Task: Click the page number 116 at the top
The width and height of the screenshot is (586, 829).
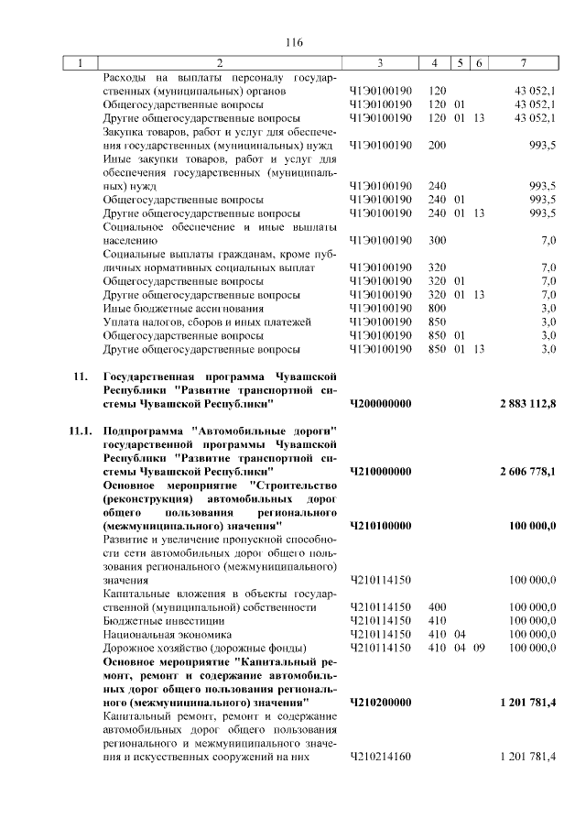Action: [x=293, y=42]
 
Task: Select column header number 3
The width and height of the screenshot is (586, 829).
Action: [x=380, y=63]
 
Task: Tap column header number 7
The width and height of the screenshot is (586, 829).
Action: [x=523, y=63]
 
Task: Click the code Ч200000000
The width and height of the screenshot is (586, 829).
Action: [x=381, y=403]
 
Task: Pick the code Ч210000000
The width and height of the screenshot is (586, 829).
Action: [x=381, y=471]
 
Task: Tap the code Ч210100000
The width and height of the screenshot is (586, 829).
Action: [x=381, y=526]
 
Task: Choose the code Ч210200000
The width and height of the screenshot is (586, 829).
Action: [x=381, y=702]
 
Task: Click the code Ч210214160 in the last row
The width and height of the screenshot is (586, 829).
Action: [x=381, y=757]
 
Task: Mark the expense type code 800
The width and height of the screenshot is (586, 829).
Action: [x=437, y=309]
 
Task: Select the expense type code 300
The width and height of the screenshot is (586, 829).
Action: [x=437, y=240]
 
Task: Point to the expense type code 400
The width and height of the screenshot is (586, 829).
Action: [x=437, y=606]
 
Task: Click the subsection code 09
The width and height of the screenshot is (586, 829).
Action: [x=478, y=648]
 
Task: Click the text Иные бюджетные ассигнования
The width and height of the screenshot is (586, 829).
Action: [x=173, y=309]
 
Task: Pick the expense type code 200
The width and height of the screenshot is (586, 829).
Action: [x=437, y=145]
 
